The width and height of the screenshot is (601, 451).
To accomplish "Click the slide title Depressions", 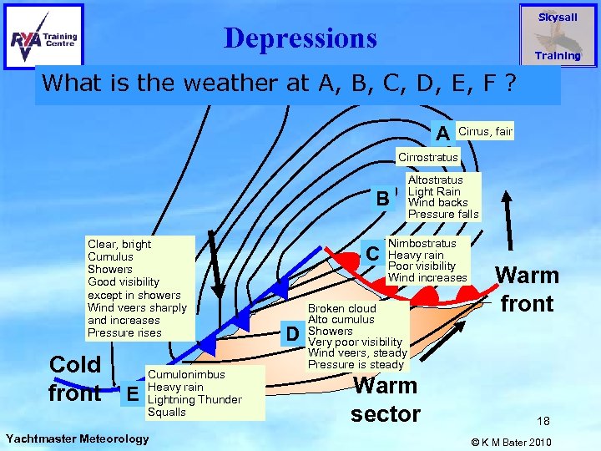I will [300, 38].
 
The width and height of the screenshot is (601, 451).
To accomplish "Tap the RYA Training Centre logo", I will [44, 37].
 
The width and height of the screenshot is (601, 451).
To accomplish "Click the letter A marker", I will [442, 133].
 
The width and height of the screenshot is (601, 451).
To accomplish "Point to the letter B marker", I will [381, 199].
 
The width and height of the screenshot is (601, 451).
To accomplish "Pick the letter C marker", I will [373, 253].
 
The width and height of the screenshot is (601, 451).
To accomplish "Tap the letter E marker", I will [129, 390].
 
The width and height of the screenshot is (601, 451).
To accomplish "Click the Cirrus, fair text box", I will [485, 131].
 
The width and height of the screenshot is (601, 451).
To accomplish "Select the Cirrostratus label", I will [427, 157].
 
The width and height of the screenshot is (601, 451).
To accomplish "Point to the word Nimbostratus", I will [422, 243].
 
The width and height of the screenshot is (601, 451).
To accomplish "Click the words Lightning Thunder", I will [194, 399].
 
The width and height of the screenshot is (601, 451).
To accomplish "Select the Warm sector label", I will [385, 399].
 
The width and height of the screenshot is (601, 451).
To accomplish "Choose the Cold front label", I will [75, 378].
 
